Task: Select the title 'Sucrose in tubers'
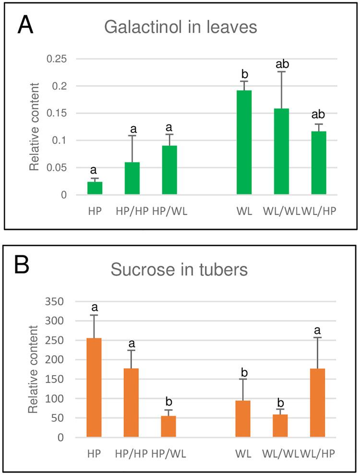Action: pyautogui.click(x=179, y=270)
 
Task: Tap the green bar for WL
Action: pyautogui.click(x=244, y=142)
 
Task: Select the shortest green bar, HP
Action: pyautogui.click(x=95, y=188)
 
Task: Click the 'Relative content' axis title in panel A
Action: pyautogui.click(x=34, y=127)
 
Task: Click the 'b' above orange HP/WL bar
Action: pyautogui.click(x=168, y=401)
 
